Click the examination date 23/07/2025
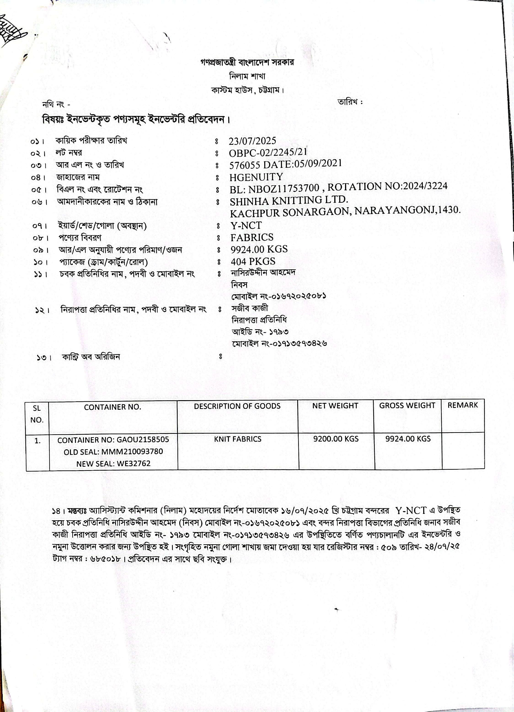coord(252,141)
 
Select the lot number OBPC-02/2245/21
coord(268,153)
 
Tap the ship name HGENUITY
coord(256,177)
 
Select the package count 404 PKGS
coord(253,262)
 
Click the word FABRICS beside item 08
coord(252,237)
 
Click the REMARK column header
coord(462,405)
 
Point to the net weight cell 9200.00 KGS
coord(335,439)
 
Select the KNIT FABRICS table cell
coord(238,439)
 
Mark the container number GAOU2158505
coord(142,440)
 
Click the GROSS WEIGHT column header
coord(407,406)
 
